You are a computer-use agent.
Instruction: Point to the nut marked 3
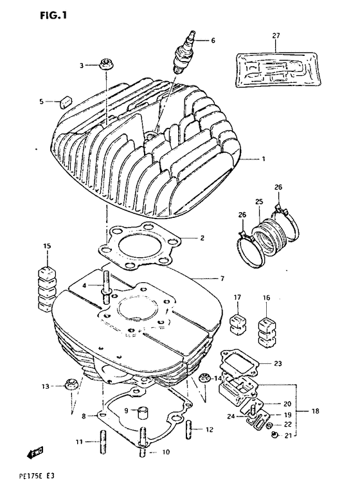tap(104, 65)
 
